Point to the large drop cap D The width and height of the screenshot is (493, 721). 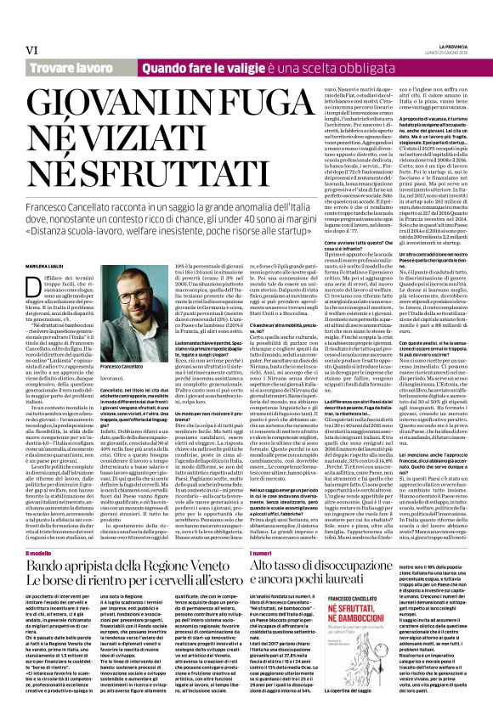31,240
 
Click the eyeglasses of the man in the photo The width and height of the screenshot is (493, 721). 134,273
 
